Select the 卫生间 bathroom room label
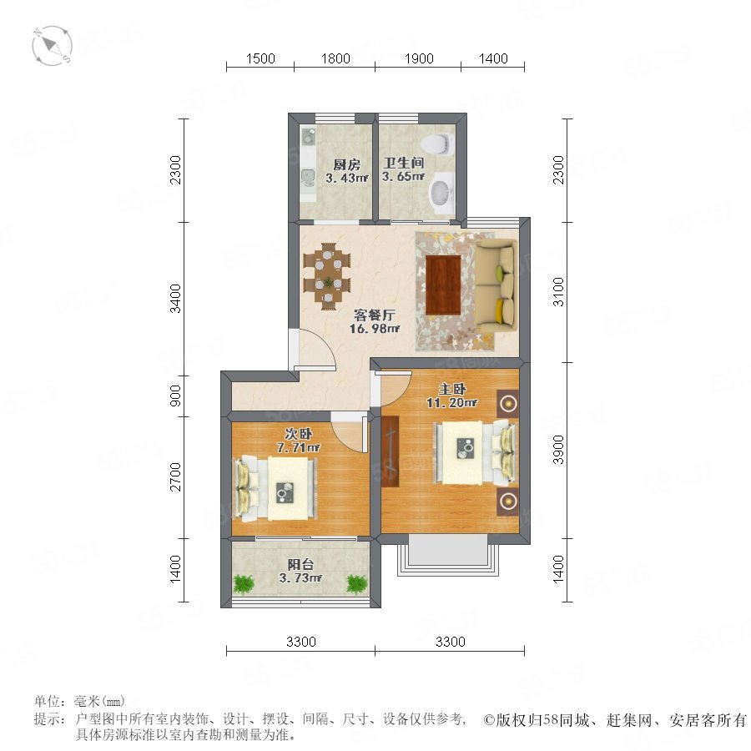pyautogui.click(x=404, y=164)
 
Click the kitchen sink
pyautogui.click(x=308, y=178)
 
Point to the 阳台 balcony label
pyautogui.click(x=298, y=565)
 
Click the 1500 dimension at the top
pyautogui.click(x=260, y=58)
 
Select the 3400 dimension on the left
pyautogui.click(x=175, y=299)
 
